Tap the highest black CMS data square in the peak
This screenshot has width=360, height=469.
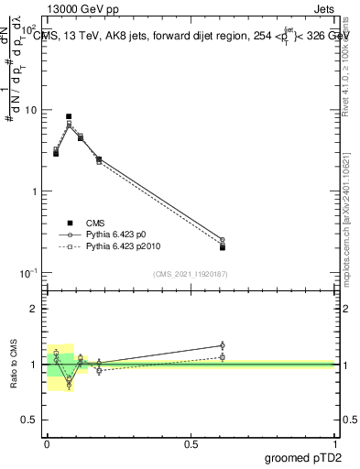coord(69,117)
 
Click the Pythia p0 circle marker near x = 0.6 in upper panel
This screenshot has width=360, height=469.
coord(223,240)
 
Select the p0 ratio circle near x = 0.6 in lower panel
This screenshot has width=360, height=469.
coord(223,345)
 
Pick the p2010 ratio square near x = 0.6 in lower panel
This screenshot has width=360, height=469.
coord(223,356)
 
